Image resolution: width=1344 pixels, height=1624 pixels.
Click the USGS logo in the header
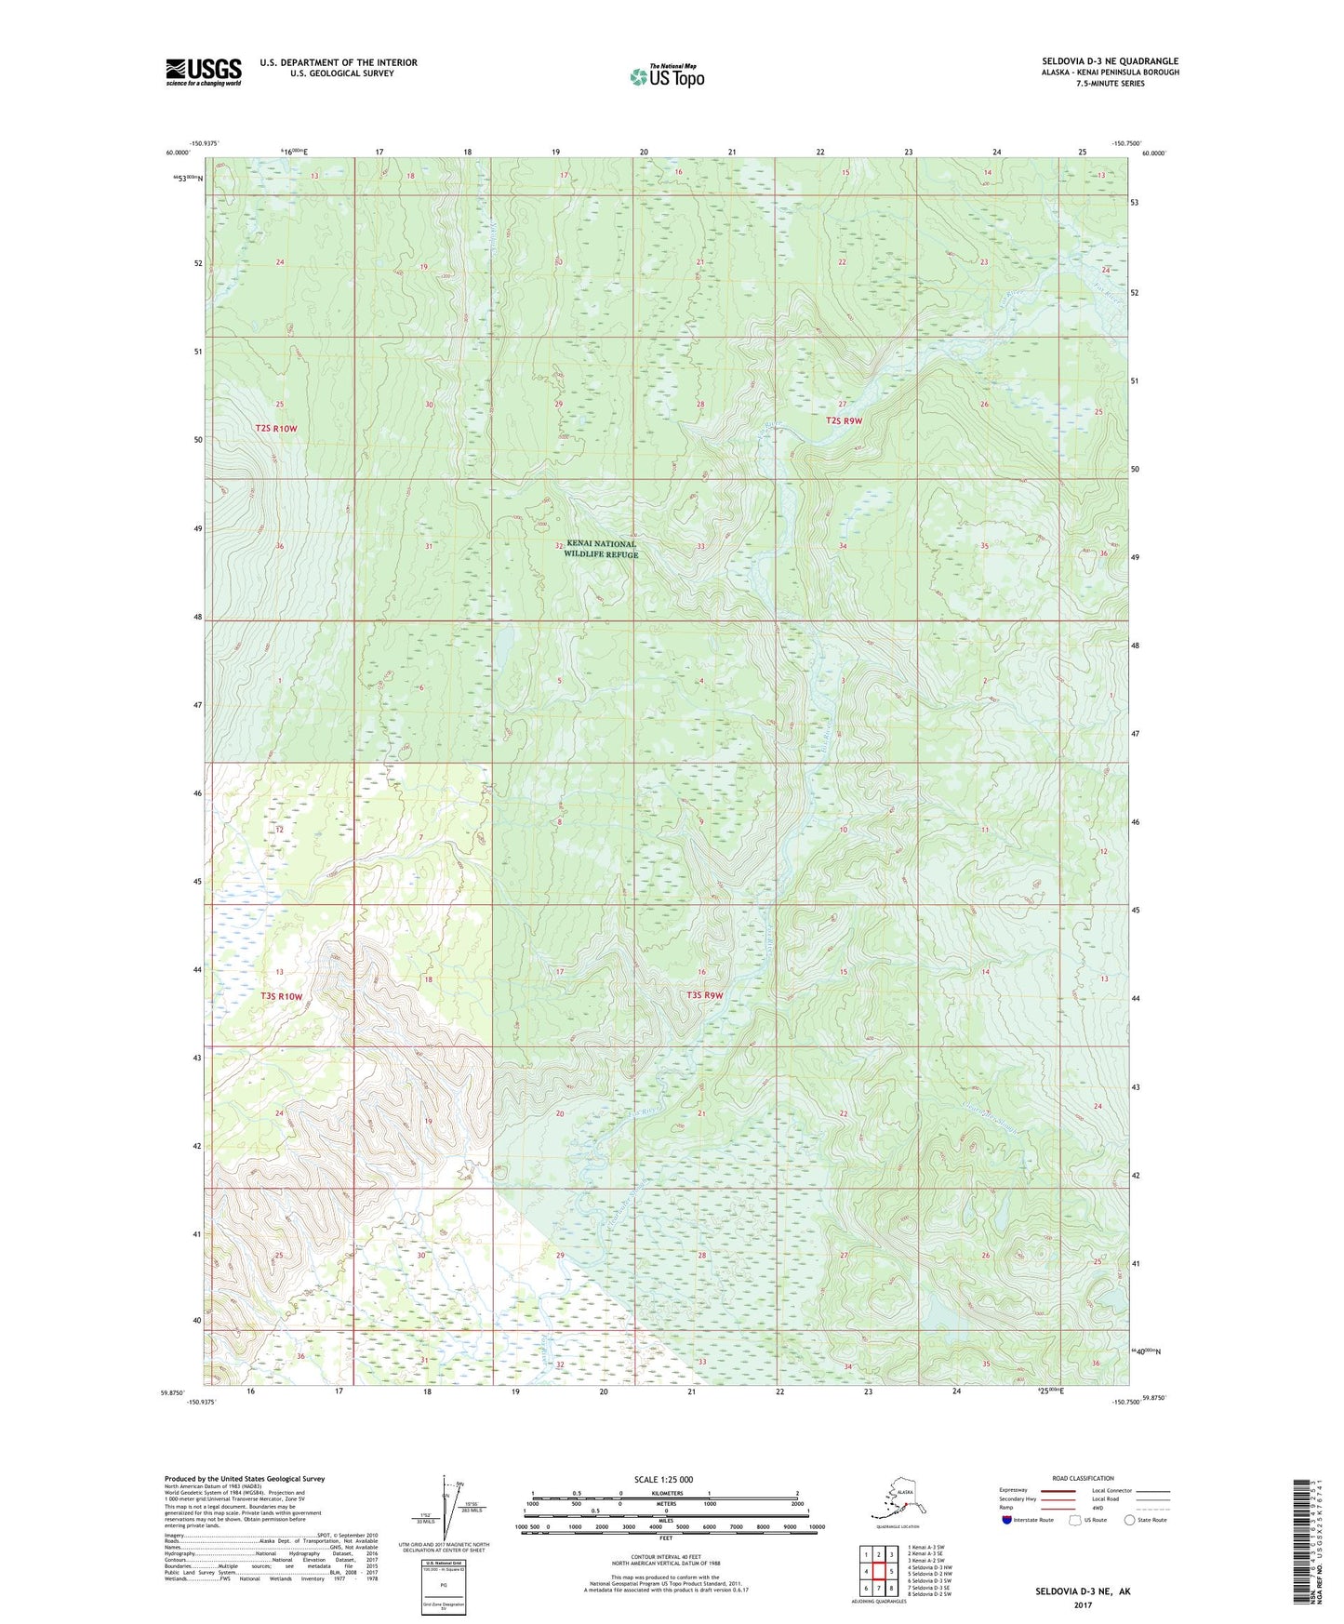[203, 72]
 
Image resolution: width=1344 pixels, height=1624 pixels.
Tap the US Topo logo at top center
[666, 75]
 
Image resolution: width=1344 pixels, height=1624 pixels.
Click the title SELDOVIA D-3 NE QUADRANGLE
[1110, 61]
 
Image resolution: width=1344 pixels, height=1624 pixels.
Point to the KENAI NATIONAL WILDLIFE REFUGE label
[601, 549]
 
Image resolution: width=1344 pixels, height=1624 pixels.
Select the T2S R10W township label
[275, 428]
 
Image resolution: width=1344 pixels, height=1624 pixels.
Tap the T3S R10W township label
[281, 996]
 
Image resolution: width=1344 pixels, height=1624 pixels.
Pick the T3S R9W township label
[704, 995]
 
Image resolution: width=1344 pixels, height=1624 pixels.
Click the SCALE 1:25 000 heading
[664, 1479]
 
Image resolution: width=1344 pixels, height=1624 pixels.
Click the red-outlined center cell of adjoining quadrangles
[878, 1572]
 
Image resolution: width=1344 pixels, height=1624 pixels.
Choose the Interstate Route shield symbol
[1006, 1520]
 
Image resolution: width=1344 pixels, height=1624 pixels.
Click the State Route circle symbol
[1129, 1520]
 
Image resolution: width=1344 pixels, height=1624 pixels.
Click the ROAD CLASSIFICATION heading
[1083, 1478]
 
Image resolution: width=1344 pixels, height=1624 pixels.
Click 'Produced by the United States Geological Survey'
[245, 1478]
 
